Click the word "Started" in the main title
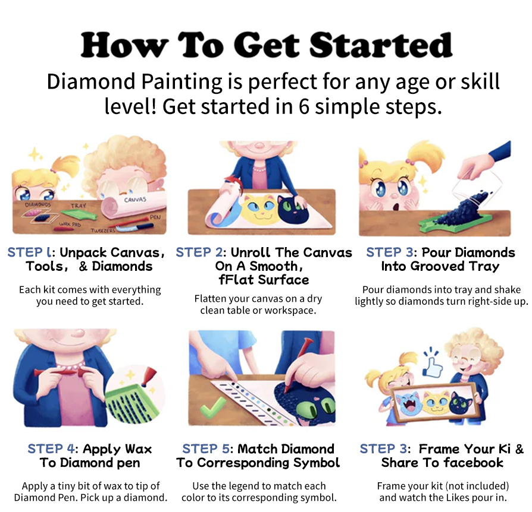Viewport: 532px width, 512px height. click(x=380, y=45)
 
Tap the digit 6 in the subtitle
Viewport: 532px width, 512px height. click(x=303, y=107)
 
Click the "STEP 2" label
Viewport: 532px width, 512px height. click(x=199, y=252)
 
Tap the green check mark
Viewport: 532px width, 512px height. click(x=212, y=407)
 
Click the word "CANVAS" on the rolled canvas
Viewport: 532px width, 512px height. click(x=135, y=200)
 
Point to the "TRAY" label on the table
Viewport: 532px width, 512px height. click(x=79, y=206)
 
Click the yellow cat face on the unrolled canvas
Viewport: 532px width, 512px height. click(x=261, y=210)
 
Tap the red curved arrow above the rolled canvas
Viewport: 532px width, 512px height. click(x=233, y=182)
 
